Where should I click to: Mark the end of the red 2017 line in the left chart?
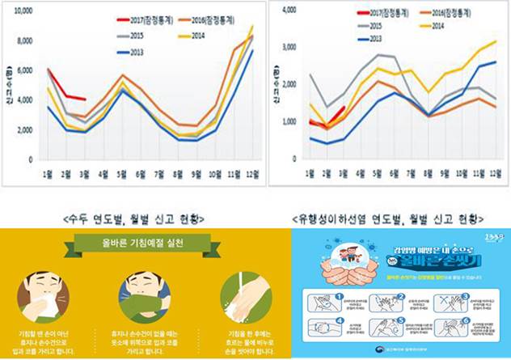click(x=85, y=99)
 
